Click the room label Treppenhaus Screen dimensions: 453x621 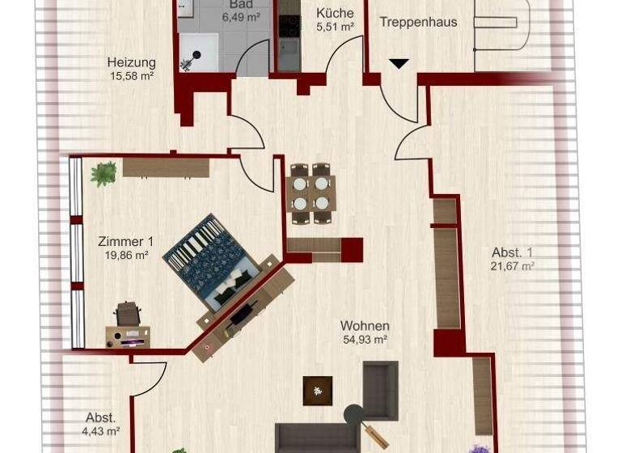click(x=419, y=22)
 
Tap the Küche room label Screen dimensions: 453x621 click(x=334, y=13)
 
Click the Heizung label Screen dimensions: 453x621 click(x=131, y=62)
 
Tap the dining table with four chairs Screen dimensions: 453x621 click(x=311, y=193)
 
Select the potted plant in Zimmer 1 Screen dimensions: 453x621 click(x=103, y=174)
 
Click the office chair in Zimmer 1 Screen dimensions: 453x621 click(x=127, y=313)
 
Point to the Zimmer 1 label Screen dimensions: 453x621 click(x=125, y=241)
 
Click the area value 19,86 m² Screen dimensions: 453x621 click(x=125, y=255)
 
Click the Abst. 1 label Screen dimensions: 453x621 click(x=511, y=252)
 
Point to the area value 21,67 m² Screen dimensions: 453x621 click(x=511, y=265)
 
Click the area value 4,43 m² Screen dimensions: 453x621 click(x=102, y=431)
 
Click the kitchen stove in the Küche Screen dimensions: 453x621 click(x=289, y=26)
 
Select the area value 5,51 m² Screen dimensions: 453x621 click(x=334, y=27)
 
